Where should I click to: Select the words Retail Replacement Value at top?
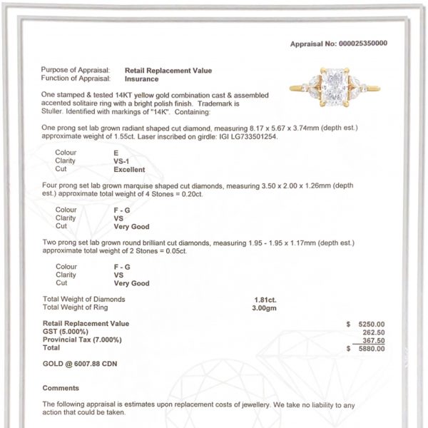168,71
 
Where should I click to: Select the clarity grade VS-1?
123,161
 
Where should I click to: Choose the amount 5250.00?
370,323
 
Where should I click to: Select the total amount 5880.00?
370,349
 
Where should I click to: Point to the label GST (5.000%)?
66,332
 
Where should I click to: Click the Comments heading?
61,388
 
